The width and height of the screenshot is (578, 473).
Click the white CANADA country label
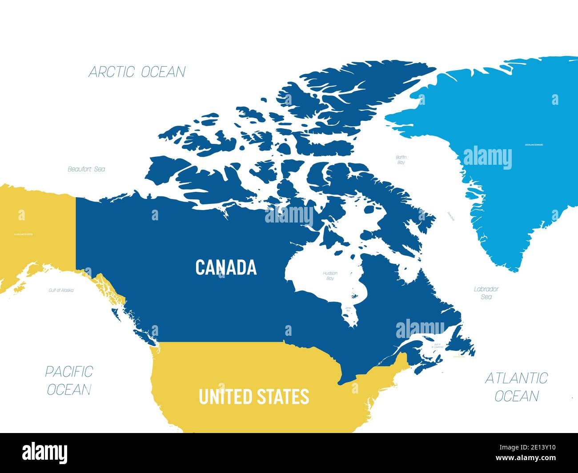226,267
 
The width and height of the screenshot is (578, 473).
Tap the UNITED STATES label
253,397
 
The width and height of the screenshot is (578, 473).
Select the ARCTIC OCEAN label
137,72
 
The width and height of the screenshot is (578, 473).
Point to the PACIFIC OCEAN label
69,380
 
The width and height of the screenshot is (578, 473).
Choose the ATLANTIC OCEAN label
516,386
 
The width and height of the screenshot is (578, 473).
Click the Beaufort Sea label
86,169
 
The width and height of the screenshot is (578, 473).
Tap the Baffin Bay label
401,160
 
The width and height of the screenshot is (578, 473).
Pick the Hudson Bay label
330,276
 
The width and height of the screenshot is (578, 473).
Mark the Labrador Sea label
486,293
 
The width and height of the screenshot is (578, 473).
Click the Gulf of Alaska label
61,290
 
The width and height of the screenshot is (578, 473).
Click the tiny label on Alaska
23,234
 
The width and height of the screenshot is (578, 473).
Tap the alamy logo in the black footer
45,453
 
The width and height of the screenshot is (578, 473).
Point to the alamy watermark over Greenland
487,158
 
